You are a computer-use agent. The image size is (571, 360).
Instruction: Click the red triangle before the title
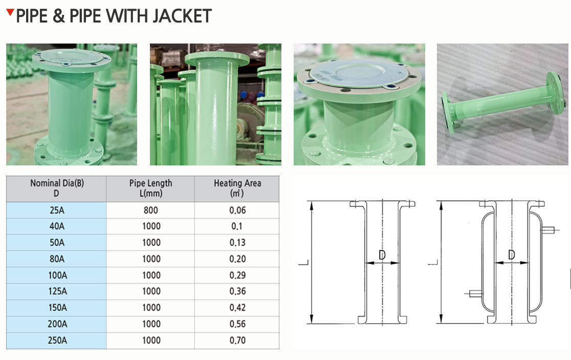10,12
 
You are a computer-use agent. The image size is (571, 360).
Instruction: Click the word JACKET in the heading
182,16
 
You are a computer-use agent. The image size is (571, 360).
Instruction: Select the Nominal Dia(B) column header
56,188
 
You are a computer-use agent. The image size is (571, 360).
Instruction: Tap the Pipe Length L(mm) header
151,188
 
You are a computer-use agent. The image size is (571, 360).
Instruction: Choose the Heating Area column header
237,188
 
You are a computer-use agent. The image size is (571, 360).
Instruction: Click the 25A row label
57,210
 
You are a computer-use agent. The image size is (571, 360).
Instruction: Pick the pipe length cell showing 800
151,210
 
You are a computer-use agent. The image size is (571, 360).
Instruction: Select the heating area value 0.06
237,210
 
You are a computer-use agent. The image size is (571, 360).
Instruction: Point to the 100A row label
57,275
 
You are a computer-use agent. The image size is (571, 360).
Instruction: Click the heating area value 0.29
237,275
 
